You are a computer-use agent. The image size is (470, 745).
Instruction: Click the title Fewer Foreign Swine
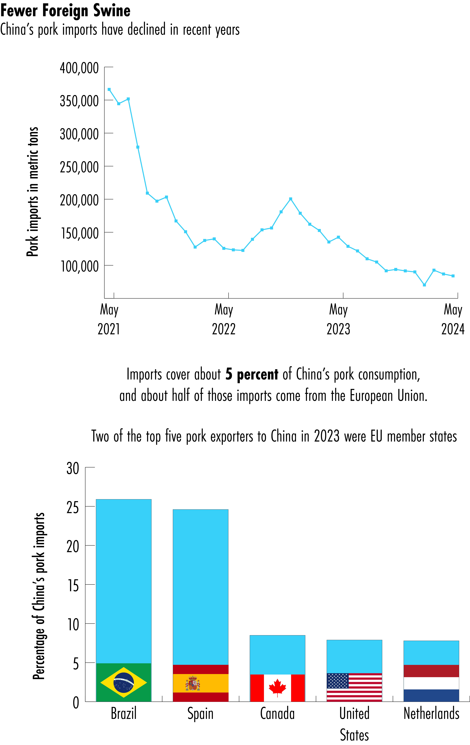click(x=65, y=11)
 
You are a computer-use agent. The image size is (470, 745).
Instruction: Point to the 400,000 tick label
click(x=79, y=68)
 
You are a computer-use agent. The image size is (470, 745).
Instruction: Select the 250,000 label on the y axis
click(x=79, y=167)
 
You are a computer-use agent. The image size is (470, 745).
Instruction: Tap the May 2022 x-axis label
click(x=224, y=319)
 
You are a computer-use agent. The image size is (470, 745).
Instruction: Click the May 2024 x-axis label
click(x=453, y=319)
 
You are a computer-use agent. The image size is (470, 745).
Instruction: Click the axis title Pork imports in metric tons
click(x=33, y=192)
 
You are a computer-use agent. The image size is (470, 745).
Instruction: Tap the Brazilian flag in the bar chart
click(x=124, y=682)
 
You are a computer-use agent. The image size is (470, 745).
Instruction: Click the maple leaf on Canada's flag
click(x=277, y=687)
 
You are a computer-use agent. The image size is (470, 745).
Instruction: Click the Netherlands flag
click(x=431, y=683)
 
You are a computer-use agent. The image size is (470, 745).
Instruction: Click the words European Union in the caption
click(x=388, y=396)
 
